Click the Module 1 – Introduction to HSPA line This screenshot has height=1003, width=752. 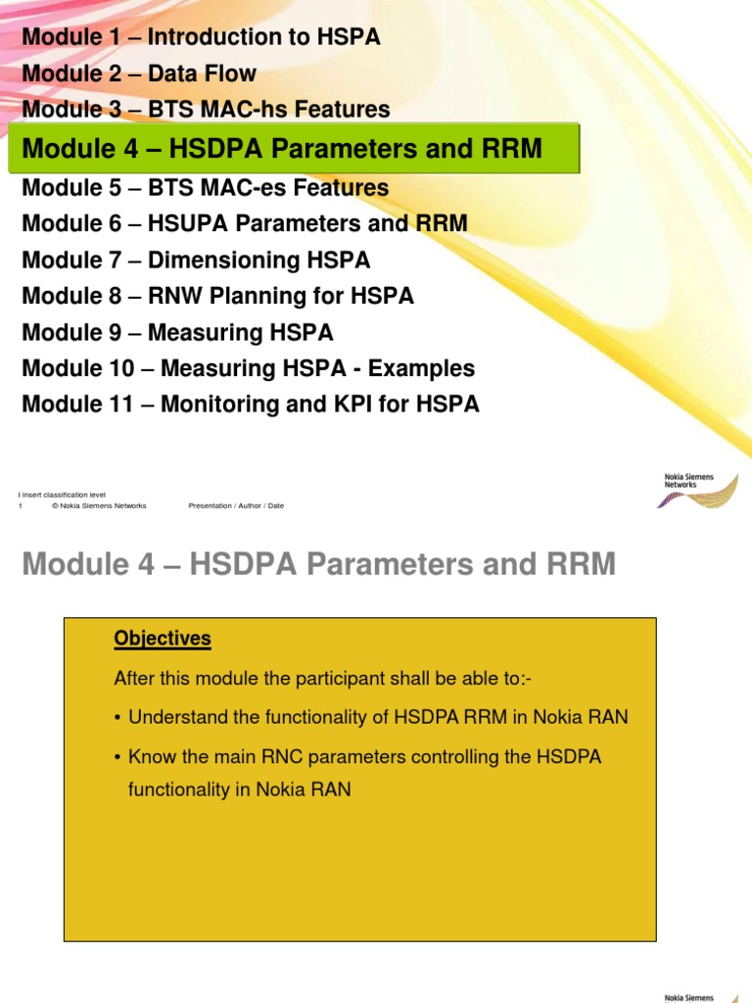(x=201, y=37)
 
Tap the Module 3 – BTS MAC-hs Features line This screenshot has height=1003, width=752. (x=206, y=110)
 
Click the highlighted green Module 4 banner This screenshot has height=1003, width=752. (x=294, y=149)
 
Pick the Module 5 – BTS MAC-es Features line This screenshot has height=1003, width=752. (x=205, y=187)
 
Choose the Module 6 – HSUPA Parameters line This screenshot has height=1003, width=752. (x=244, y=223)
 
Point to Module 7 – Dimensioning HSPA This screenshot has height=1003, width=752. (x=196, y=261)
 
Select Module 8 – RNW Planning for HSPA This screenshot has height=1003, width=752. (x=217, y=296)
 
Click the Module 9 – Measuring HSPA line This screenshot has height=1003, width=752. (x=177, y=333)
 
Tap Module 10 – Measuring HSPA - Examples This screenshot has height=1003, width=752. (x=248, y=368)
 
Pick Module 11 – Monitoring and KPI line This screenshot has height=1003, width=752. (x=251, y=404)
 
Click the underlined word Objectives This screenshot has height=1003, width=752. (x=163, y=639)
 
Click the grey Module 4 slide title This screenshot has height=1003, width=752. (x=318, y=565)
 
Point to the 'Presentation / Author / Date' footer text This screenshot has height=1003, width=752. (x=236, y=506)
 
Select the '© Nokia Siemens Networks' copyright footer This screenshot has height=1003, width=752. (x=99, y=506)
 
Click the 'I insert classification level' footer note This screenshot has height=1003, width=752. (x=63, y=496)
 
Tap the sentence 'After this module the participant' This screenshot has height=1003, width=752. (x=317, y=678)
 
